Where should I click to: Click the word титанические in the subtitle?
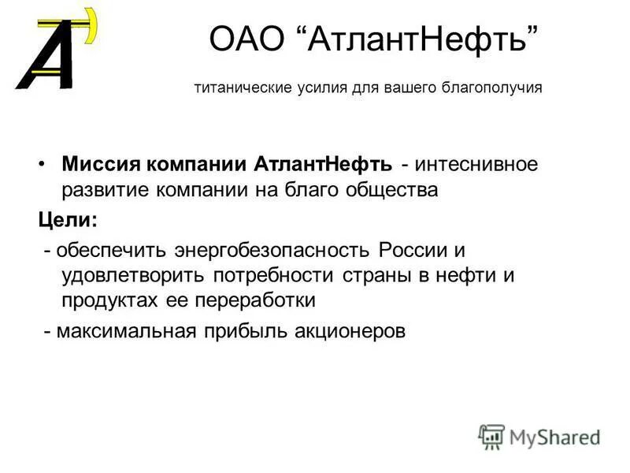tap(235, 88)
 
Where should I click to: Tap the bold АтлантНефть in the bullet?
tap(323, 165)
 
